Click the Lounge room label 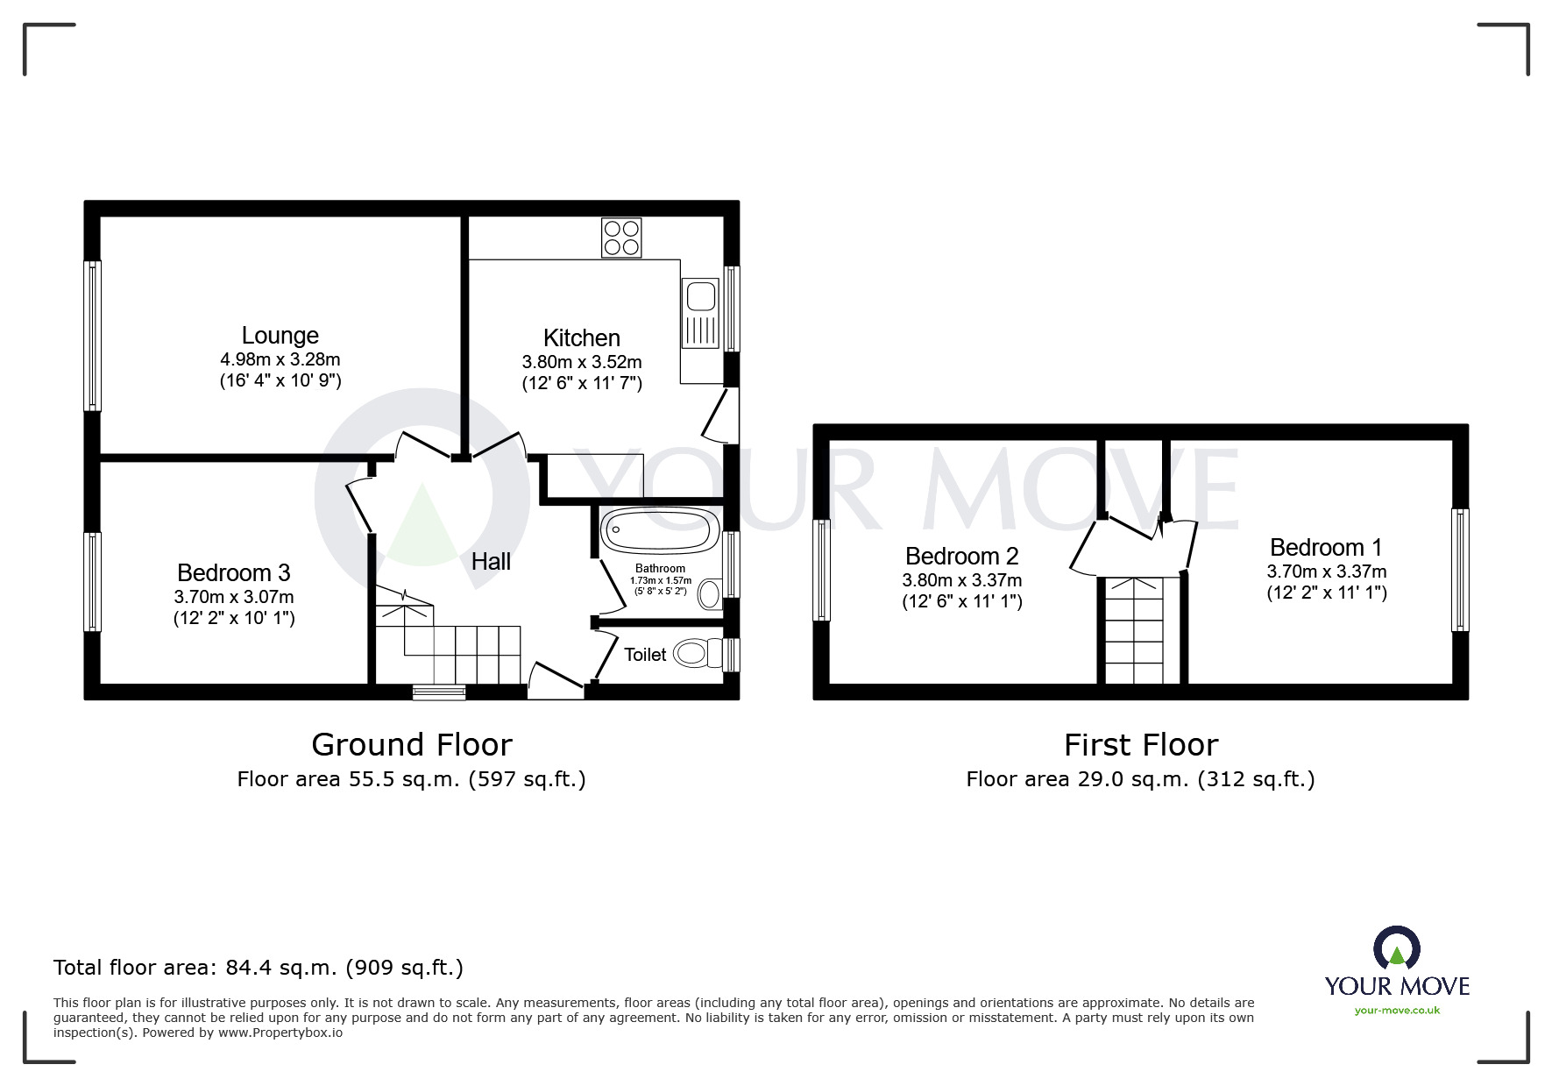(280, 336)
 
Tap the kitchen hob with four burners (621, 238)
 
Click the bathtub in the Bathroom (659, 529)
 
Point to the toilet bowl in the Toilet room (694, 653)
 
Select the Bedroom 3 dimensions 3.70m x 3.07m (234, 597)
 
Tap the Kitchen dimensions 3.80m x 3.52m (582, 362)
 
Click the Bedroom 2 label (961, 557)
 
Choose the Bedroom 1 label (1325, 548)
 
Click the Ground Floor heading (411, 745)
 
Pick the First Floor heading (1140, 745)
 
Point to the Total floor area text (259, 968)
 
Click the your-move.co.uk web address (1397, 1011)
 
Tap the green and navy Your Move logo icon (1396, 948)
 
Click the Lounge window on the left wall (92, 336)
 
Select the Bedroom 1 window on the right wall (1459, 570)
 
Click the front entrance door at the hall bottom (556, 682)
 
